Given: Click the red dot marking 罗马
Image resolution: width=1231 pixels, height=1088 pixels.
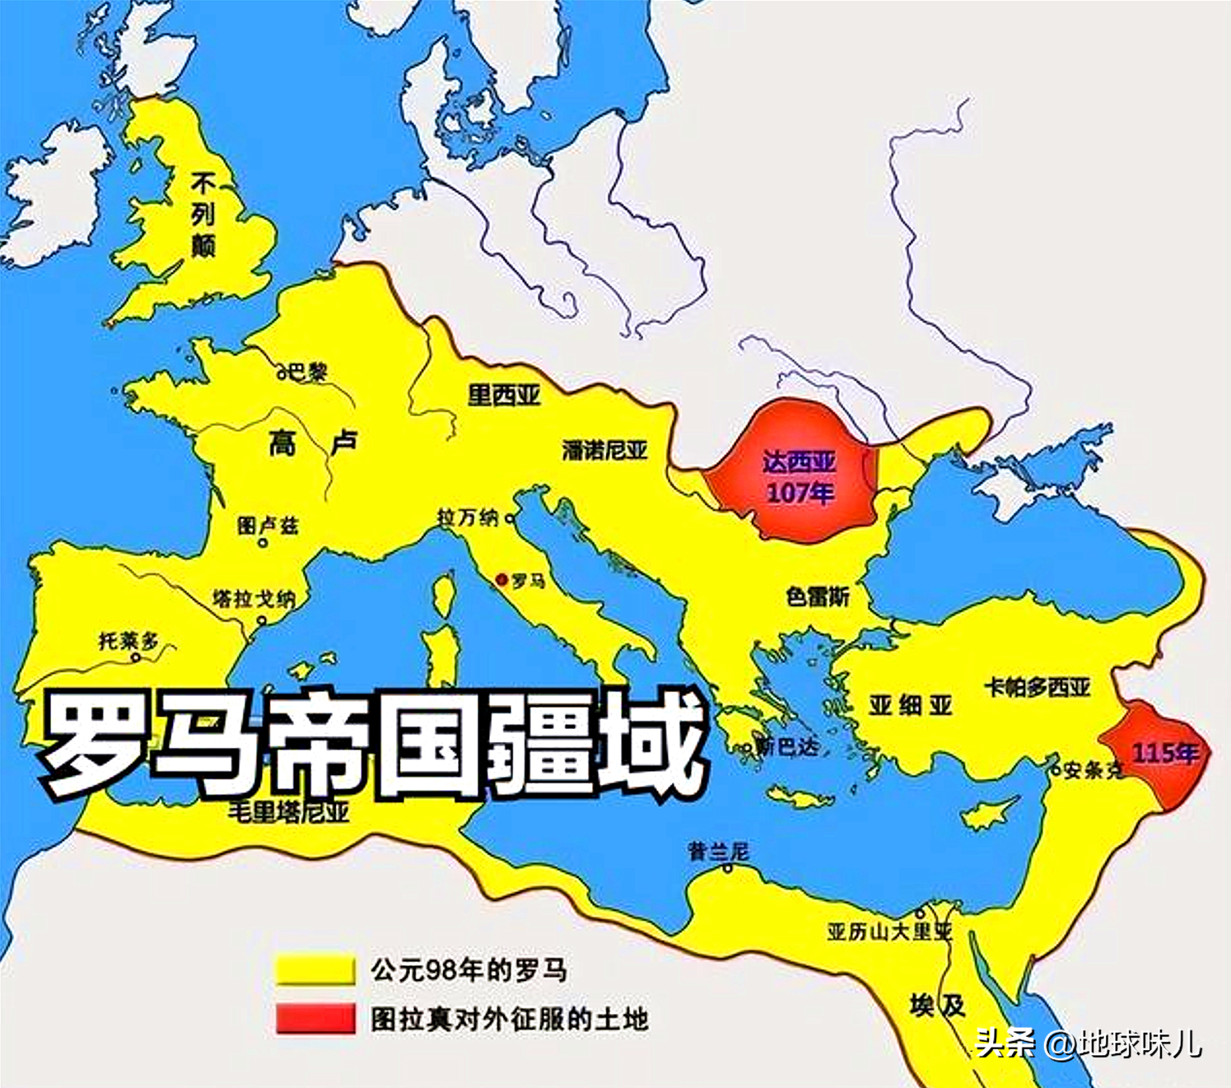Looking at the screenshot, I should point(501,580).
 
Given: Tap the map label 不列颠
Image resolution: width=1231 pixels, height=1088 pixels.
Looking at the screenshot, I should point(203,215).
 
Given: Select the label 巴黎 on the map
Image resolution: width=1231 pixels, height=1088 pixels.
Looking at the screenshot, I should point(307,371).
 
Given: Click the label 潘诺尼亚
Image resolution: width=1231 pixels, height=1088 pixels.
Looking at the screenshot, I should point(605,451).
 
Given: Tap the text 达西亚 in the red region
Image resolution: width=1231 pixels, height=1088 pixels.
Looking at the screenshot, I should point(799,462).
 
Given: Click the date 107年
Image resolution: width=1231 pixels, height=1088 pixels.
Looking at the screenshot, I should point(800,493).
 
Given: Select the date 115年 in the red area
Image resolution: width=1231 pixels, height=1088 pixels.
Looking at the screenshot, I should point(1165,753).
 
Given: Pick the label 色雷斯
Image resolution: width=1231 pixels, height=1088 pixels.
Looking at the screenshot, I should point(818,596).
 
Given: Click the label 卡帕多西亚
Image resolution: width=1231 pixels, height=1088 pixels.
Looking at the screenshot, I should point(1037,687).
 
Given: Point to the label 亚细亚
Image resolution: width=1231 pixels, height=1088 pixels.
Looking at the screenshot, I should point(910,705).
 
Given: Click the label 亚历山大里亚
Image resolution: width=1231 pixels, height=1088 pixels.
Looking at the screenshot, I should point(889,932).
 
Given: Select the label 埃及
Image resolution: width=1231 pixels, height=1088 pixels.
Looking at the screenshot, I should point(937,1006).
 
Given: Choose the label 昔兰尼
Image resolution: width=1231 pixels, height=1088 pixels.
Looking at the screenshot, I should point(719,851).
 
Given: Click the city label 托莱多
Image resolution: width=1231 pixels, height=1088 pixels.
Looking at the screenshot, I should point(128,641).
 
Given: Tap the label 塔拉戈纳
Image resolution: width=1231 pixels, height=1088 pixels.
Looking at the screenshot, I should point(253,599).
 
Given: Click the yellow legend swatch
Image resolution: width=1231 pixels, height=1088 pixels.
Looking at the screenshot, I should point(315,969).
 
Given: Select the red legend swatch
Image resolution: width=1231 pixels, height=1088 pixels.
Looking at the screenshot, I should point(315,1019).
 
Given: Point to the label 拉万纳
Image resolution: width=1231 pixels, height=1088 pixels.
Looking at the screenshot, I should point(468,517).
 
